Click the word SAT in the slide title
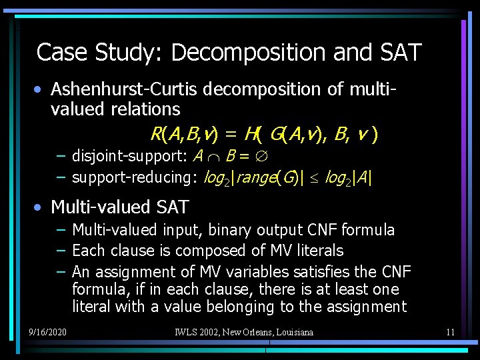click(398, 52)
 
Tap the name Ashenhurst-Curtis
click(125, 89)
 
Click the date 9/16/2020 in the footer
click(47, 331)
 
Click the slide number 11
click(450, 331)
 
